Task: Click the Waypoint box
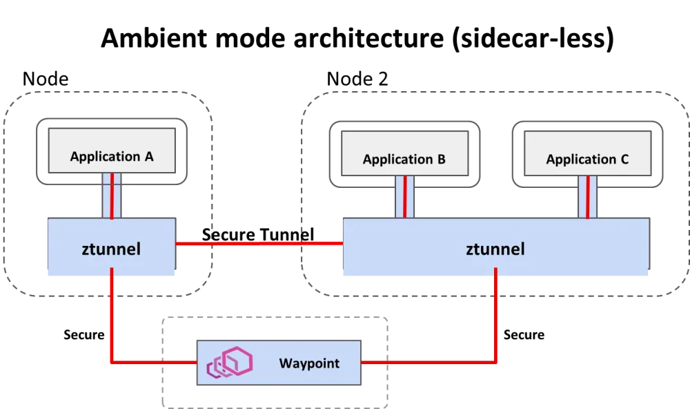tap(278, 363)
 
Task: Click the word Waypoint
tap(309, 363)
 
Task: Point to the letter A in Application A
tap(148, 157)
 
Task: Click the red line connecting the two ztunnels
tap(259, 243)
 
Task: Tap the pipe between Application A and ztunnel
tap(112, 196)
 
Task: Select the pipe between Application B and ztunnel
tap(404, 197)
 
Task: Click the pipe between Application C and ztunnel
tap(587, 197)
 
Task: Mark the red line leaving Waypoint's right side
tap(428, 362)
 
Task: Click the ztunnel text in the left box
tap(112, 249)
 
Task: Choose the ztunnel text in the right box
tap(495, 249)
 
